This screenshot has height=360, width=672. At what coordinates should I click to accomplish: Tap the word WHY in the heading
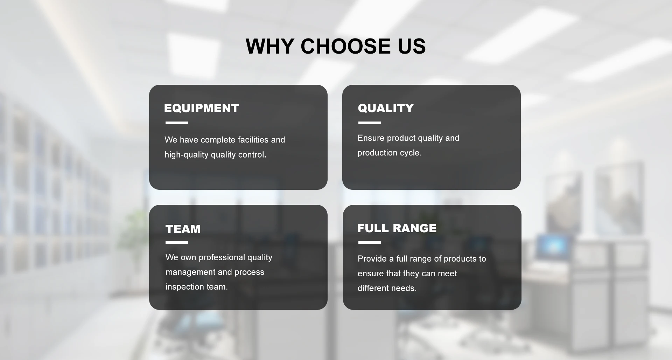[269, 46]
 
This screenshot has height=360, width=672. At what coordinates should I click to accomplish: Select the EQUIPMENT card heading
[201, 108]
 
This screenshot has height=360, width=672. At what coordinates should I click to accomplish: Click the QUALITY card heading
[386, 108]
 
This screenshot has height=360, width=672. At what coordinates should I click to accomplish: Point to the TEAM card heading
[183, 229]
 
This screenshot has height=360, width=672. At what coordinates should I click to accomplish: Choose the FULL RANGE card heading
[397, 228]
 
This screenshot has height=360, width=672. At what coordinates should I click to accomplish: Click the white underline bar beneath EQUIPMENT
[177, 123]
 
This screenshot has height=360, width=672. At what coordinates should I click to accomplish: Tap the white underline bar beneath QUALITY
[370, 123]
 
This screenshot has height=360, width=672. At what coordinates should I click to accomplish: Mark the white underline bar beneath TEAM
[177, 242]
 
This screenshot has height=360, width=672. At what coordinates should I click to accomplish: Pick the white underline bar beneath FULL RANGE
[370, 242]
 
